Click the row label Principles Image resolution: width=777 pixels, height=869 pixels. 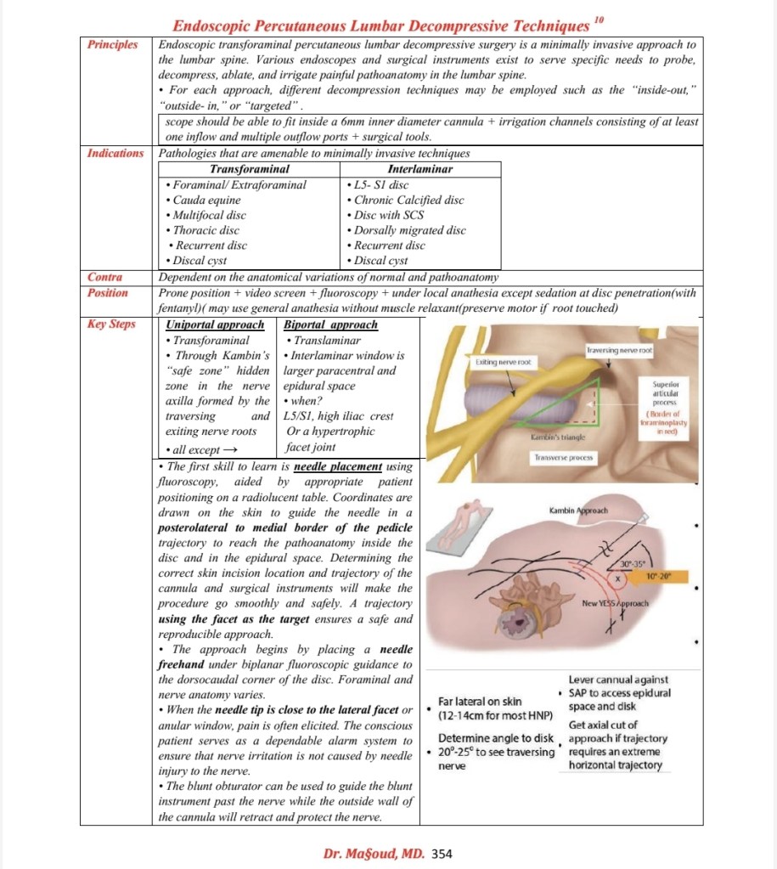[114, 44]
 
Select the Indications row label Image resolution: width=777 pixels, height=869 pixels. [115, 154]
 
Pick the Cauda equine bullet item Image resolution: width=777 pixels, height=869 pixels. [206, 200]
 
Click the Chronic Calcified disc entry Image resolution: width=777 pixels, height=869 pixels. [405, 200]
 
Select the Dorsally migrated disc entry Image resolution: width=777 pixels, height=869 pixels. [409, 230]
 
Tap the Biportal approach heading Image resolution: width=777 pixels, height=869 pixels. [331, 324]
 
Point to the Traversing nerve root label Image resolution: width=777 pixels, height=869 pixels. [620, 350]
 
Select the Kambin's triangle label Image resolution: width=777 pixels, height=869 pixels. [555, 437]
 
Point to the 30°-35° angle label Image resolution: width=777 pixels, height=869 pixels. [634, 563]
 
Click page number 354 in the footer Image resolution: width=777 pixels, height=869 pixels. [442, 853]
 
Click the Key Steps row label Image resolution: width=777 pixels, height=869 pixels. [111, 324]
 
